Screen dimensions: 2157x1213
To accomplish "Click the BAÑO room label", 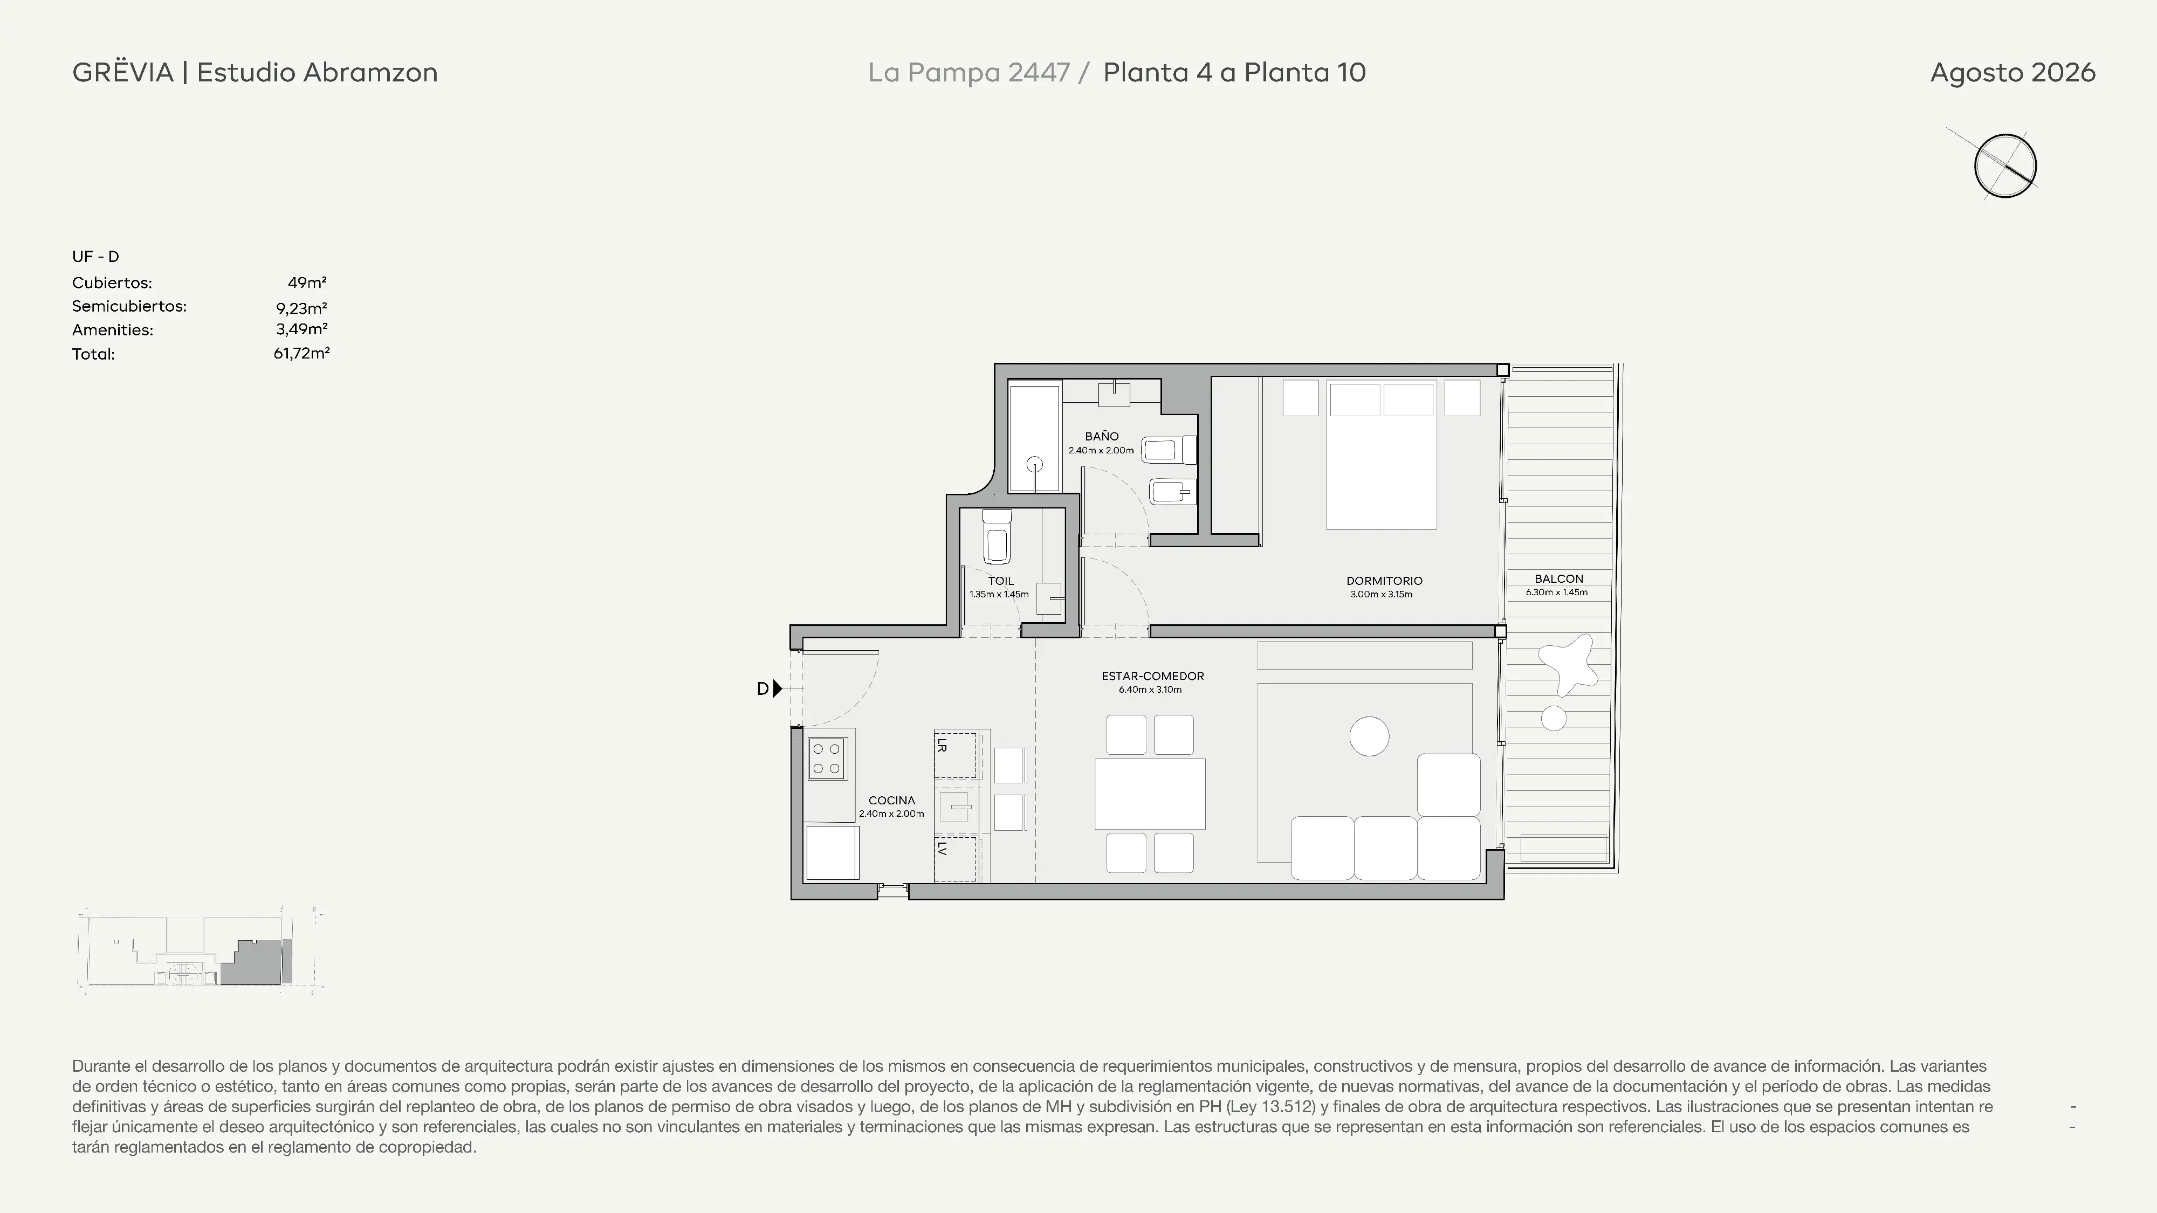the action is (x=1101, y=436).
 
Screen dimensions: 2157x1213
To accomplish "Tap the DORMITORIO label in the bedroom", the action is (x=1384, y=580).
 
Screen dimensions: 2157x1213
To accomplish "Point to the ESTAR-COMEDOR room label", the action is (x=1152, y=676).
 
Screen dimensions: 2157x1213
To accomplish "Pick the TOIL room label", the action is (x=1001, y=580).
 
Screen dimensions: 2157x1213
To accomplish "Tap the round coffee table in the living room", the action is (x=1369, y=736).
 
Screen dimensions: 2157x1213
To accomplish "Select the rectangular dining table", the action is (x=1150, y=794).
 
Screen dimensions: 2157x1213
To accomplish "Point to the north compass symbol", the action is (x=2004, y=165).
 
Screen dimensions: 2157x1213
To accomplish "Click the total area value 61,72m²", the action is (x=301, y=353).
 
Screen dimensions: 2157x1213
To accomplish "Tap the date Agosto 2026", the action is (x=2012, y=73).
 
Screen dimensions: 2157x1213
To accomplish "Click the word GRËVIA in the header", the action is (x=123, y=72).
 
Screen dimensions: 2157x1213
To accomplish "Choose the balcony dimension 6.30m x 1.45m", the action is (x=1557, y=592).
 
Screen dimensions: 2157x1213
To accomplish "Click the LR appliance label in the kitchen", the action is (x=942, y=744).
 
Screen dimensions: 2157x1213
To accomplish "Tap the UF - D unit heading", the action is (x=95, y=256).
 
